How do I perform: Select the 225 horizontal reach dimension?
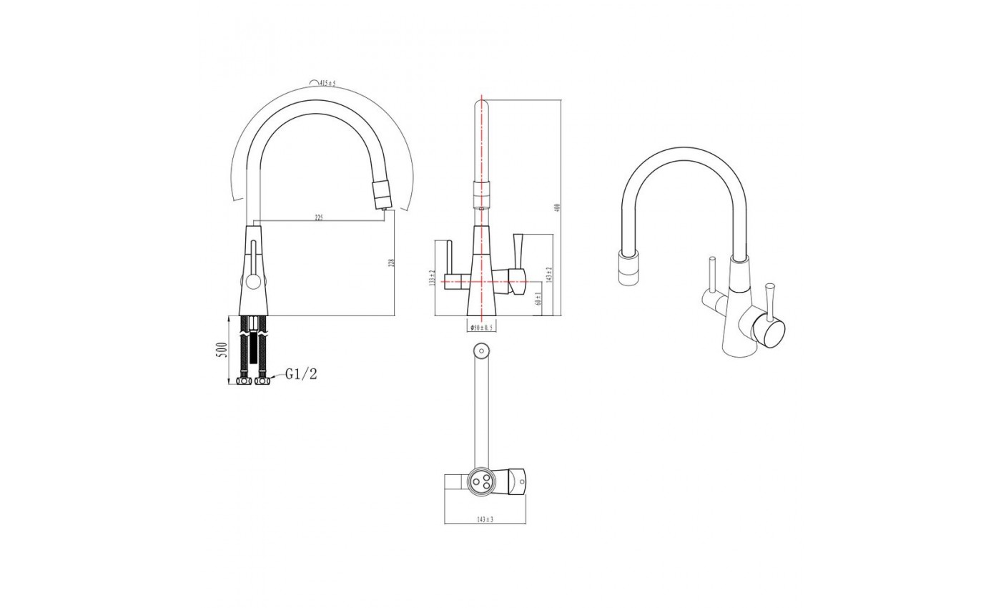coord(319,217)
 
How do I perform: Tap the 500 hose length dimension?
coord(222,350)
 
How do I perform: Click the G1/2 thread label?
coord(301,373)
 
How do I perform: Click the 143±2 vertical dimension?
coord(549,275)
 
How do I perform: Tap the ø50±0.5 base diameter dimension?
coord(480,328)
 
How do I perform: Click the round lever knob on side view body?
coord(251,280)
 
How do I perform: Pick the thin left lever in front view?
coord(450,258)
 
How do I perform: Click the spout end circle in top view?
coord(481,351)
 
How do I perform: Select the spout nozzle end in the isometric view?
coord(627,269)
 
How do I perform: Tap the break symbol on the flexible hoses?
coord(251,335)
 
